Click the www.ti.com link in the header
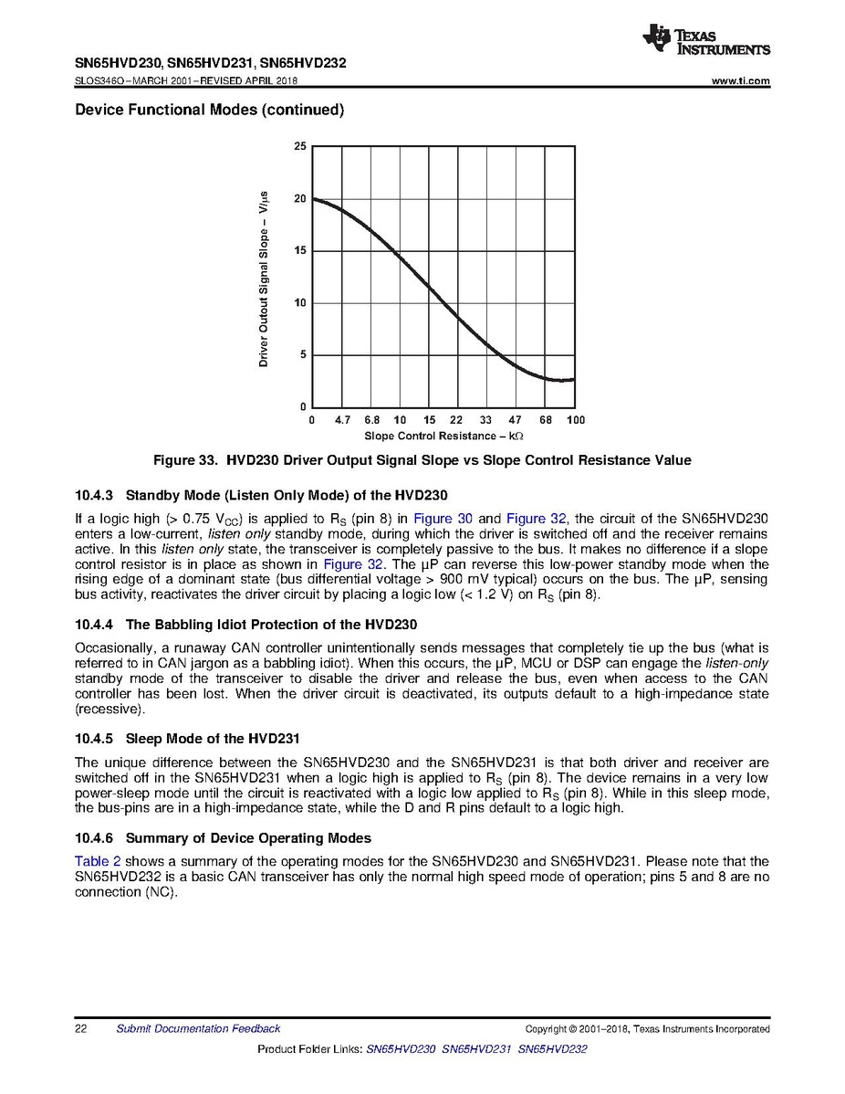click(740, 81)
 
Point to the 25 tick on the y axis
click(300, 147)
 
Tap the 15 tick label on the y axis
click(300, 251)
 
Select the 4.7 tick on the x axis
click(342, 420)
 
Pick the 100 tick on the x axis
click(575, 420)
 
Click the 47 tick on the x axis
click(515, 420)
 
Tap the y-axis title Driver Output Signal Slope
click(264, 279)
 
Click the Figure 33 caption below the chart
click(382, 460)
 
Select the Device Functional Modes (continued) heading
click(209, 110)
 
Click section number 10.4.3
click(93, 498)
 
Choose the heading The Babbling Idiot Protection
click(271, 626)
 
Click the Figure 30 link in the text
click(443, 519)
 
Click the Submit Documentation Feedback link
click(198, 1029)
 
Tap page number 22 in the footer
click(80, 1029)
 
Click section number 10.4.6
click(93, 838)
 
